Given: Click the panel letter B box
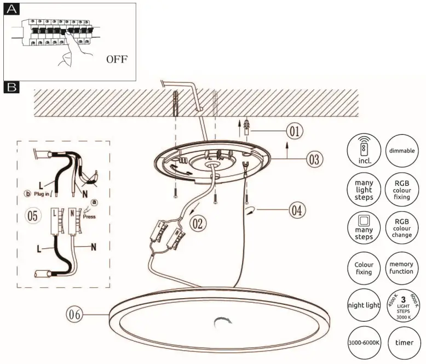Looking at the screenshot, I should pyautogui.click(x=11, y=87).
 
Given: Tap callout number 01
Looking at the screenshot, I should pyautogui.click(x=295, y=132).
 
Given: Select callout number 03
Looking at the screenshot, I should pyautogui.click(x=314, y=160).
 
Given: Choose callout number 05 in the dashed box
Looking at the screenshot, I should pyautogui.click(x=33, y=216).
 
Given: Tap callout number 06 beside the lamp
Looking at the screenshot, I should pyautogui.click(x=74, y=314).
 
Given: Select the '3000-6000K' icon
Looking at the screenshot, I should pyautogui.click(x=364, y=343).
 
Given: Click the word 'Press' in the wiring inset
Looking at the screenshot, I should pyautogui.click(x=89, y=216).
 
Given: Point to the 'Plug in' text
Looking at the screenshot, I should pyautogui.click(x=44, y=194).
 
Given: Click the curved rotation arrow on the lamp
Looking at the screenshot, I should pyautogui.click(x=223, y=323).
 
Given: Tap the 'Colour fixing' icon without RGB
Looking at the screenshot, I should pyautogui.click(x=364, y=267).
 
